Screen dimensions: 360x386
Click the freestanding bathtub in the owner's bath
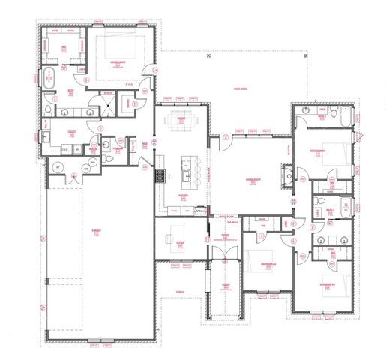point(50,78)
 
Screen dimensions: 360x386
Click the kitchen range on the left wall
point(160,176)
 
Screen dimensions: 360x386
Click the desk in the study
point(180,230)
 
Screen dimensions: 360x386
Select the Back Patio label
point(240,88)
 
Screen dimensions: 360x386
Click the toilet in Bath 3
point(306,111)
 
